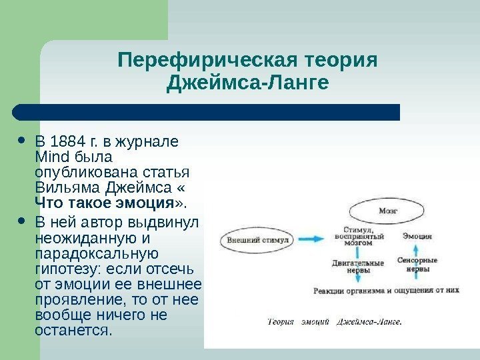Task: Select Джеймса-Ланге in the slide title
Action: [247, 85]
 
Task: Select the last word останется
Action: [73, 331]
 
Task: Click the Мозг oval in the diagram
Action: [387, 210]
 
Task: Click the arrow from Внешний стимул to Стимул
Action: [312, 238]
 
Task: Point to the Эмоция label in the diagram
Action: [417, 236]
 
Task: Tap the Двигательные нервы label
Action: [358, 266]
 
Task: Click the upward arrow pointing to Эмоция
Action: [417, 247]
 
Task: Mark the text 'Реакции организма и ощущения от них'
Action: [386, 291]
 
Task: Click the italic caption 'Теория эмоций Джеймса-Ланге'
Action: [334, 323]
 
